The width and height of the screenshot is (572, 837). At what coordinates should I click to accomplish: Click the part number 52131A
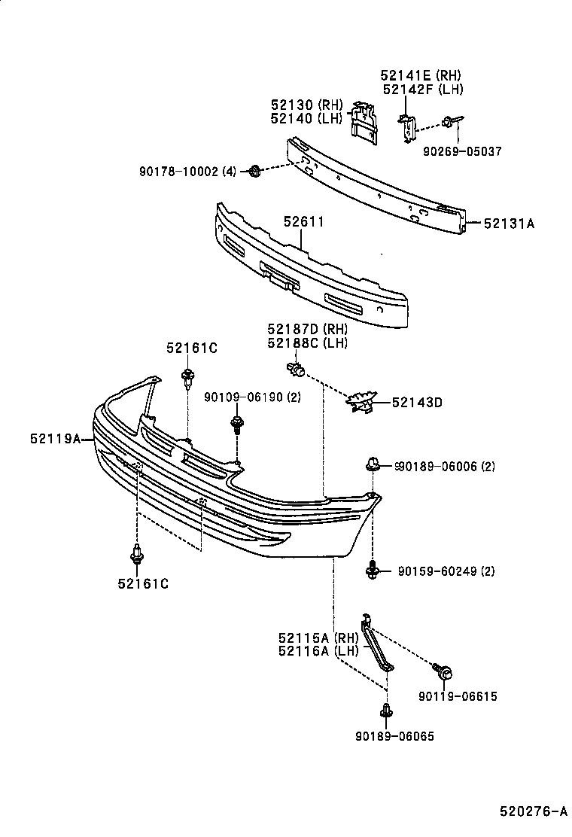click(x=509, y=223)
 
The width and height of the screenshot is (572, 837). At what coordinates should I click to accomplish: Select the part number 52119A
click(x=55, y=438)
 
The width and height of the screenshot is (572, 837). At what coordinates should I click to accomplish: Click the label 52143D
click(x=416, y=403)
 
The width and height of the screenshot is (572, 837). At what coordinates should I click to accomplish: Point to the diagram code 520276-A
click(x=533, y=811)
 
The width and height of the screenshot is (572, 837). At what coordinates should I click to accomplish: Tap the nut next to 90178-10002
click(x=254, y=172)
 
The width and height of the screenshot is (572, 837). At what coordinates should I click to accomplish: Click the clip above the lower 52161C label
click(x=136, y=555)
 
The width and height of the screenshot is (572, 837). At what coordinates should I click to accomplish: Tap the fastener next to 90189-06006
click(x=372, y=465)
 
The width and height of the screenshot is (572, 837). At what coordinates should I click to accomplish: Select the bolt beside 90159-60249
click(x=372, y=571)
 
